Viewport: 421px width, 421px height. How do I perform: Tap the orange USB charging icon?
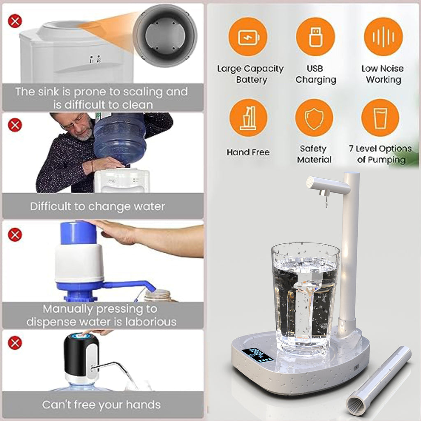point(315,37)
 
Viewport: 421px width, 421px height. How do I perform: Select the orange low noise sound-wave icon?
point(383,37)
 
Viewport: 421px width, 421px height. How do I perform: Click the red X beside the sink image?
point(15,21)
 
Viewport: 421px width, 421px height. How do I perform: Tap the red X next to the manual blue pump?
point(15,235)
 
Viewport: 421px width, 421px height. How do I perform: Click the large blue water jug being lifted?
point(120,138)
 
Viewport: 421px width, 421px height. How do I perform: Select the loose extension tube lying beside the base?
point(378,380)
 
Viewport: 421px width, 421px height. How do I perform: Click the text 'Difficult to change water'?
point(97,206)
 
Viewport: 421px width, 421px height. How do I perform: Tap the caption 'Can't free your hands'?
point(101,405)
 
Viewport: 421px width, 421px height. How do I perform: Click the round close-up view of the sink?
point(164,35)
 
